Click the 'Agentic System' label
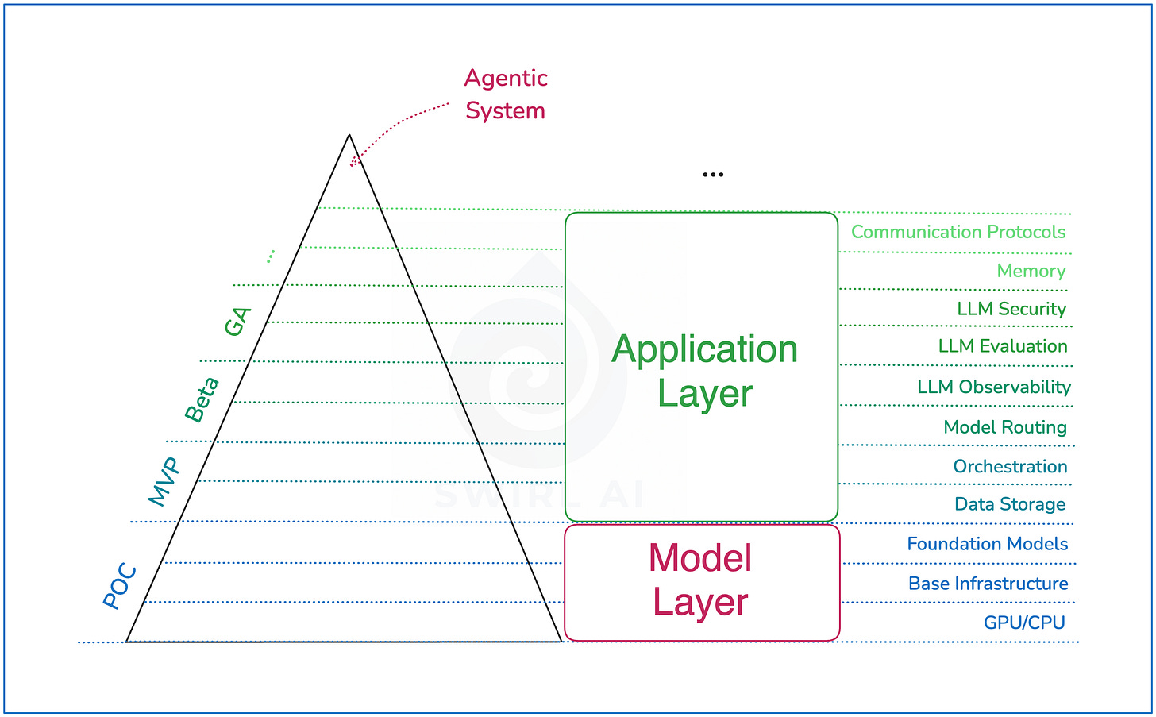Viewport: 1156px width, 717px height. [x=506, y=94]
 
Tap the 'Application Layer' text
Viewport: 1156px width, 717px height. [x=704, y=371]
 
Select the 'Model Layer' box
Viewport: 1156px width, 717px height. [x=702, y=582]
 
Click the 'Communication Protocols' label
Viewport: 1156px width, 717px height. [x=958, y=232]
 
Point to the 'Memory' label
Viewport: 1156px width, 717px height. [x=1031, y=271]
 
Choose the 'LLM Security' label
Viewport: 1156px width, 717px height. [x=1011, y=309]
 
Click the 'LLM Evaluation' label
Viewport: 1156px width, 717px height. [x=1002, y=346]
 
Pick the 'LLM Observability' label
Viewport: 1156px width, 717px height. [x=993, y=387]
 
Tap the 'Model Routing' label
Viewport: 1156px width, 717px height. [x=1004, y=427]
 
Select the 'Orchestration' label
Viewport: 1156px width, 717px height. [x=1010, y=466]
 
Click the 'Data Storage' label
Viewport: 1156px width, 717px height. [x=1010, y=504]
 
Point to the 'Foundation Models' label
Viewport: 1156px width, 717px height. [x=987, y=544]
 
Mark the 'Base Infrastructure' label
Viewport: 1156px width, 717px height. [x=988, y=584]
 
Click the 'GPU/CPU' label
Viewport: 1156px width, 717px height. [x=1023, y=623]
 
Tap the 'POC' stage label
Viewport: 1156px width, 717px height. [x=121, y=586]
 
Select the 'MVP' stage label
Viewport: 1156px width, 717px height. [x=164, y=482]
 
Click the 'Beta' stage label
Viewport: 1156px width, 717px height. [x=202, y=400]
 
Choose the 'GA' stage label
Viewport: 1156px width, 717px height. [x=237, y=322]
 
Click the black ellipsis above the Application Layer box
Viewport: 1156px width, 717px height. [x=713, y=175]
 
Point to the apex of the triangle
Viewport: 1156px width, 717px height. [x=349, y=136]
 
